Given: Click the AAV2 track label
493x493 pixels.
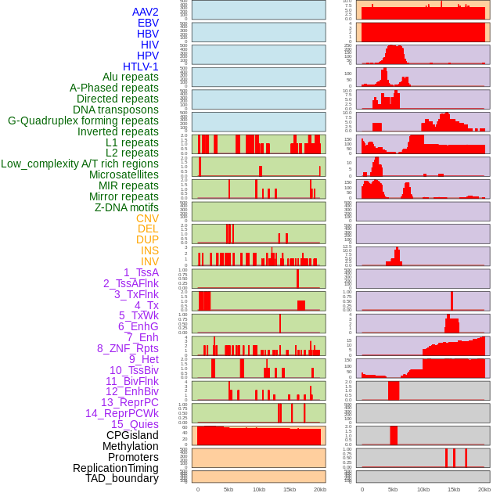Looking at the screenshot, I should (x=146, y=12).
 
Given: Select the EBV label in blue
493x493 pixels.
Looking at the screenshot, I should (x=148, y=23).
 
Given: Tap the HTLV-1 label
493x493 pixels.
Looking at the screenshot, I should (x=141, y=67).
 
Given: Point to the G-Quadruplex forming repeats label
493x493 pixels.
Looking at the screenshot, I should (x=83, y=121).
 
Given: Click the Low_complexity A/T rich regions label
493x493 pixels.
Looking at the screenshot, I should (x=80, y=164).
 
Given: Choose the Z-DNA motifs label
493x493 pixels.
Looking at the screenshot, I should (x=127, y=207).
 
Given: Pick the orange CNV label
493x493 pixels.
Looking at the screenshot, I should (x=147, y=218).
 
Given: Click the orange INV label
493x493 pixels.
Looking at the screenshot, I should (x=149, y=261).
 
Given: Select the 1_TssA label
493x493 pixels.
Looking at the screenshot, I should (x=141, y=272).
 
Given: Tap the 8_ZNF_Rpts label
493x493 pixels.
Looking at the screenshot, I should (x=128, y=348).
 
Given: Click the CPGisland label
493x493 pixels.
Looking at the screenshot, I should (x=132, y=435).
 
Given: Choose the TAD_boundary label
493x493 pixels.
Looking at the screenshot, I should (x=122, y=478).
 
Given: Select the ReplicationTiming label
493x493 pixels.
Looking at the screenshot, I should (x=116, y=468).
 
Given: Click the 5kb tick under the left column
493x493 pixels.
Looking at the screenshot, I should (x=229, y=489).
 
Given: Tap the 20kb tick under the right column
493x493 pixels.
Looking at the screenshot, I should (x=484, y=489).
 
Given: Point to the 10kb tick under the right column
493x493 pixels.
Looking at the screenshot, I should (x=423, y=489).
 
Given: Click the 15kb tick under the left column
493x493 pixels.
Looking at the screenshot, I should (x=290, y=489).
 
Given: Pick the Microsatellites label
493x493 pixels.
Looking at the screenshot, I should (x=124, y=175).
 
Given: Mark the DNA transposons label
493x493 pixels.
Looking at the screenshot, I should (x=116, y=110).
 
